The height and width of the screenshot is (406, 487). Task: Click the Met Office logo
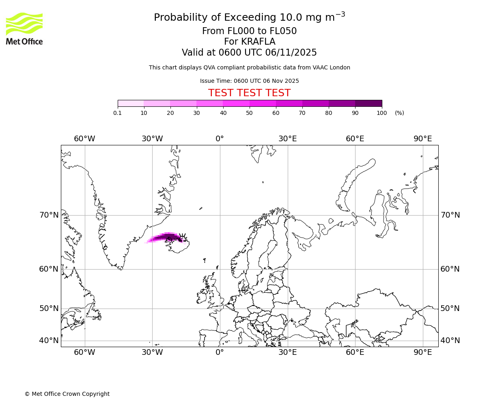[24, 28]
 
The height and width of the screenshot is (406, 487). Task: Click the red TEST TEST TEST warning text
[249, 93]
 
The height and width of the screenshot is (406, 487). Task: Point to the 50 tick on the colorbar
[250, 113]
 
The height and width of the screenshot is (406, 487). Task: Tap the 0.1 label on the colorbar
[117, 113]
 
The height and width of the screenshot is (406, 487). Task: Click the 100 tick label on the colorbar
[381, 113]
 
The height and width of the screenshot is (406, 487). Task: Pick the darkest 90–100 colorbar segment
[368, 103]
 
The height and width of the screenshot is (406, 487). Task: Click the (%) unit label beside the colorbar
[399, 113]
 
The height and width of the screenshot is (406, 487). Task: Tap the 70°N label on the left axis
[49, 215]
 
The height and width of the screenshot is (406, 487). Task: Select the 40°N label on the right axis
[450, 341]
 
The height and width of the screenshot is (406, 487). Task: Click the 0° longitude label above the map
[220, 139]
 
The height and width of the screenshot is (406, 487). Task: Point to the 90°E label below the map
[422, 352]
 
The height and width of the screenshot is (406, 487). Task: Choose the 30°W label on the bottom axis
[152, 352]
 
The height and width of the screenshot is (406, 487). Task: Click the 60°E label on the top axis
[355, 139]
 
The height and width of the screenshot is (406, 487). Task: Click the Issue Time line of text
[249, 81]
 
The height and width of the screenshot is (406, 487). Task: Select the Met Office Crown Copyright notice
[67, 394]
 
